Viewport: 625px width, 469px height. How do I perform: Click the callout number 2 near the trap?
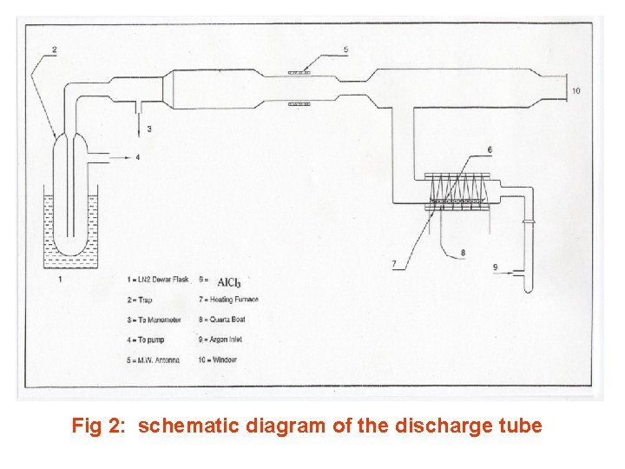click(x=54, y=50)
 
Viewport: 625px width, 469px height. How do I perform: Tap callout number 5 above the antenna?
click(x=345, y=50)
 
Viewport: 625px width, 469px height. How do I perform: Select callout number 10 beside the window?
click(x=576, y=91)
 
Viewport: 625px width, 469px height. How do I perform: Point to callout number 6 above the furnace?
click(x=490, y=150)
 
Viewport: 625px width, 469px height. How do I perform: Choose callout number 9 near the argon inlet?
click(x=496, y=268)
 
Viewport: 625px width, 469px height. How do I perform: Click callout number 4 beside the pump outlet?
click(x=137, y=157)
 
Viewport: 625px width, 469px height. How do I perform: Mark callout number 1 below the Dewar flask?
click(x=59, y=280)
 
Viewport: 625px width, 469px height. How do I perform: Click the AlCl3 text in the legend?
click(x=229, y=282)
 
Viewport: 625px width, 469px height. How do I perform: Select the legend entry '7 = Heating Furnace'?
click(x=229, y=300)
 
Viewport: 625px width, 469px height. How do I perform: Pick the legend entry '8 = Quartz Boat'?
click(x=224, y=320)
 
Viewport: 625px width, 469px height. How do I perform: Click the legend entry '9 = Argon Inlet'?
click(x=222, y=340)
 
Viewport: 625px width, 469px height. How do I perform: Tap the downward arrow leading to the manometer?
click(x=139, y=121)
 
